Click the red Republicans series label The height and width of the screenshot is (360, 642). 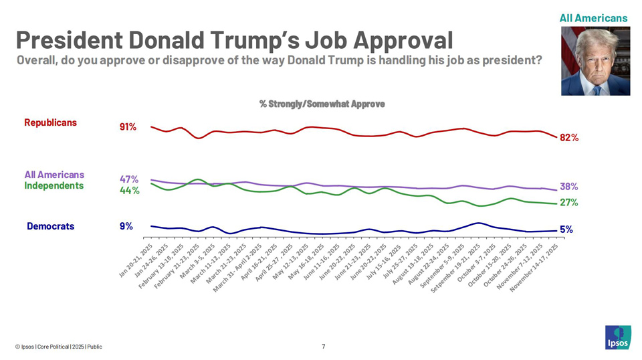(50, 122)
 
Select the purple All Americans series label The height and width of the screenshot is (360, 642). (54, 175)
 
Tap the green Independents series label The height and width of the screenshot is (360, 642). (54, 185)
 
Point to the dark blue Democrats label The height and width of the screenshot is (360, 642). (50, 226)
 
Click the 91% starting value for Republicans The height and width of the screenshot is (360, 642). (128, 126)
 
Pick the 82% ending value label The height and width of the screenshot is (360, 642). (569, 138)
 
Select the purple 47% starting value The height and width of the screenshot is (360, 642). (129, 179)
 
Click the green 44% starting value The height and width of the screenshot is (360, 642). (129, 191)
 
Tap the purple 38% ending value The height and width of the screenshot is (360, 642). (569, 187)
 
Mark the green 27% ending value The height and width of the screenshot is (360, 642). (569, 203)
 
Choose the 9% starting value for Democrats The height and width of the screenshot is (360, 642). (126, 226)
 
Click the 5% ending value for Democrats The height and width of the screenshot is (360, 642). (566, 230)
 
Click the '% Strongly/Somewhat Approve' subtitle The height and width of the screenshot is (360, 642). (322, 104)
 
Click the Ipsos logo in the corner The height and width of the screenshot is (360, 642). (617, 337)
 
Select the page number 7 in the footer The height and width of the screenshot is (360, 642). (323, 347)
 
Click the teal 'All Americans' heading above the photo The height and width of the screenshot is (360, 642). (593, 18)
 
